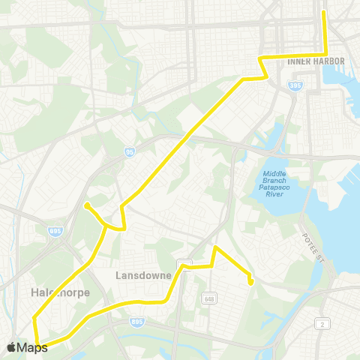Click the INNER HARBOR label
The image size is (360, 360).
[x=316, y=61]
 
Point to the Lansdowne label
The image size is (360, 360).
[x=144, y=275]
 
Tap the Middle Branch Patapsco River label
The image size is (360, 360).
[x=279, y=183]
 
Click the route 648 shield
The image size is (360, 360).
[x=206, y=300]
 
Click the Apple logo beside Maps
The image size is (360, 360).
[x=11, y=347]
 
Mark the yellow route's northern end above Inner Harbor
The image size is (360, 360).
[x=324, y=13]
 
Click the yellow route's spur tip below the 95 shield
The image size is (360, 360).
[x=87, y=204]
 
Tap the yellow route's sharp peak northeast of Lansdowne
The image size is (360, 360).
[x=215, y=247]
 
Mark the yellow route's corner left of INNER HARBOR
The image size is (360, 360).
[x=259, y=58]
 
